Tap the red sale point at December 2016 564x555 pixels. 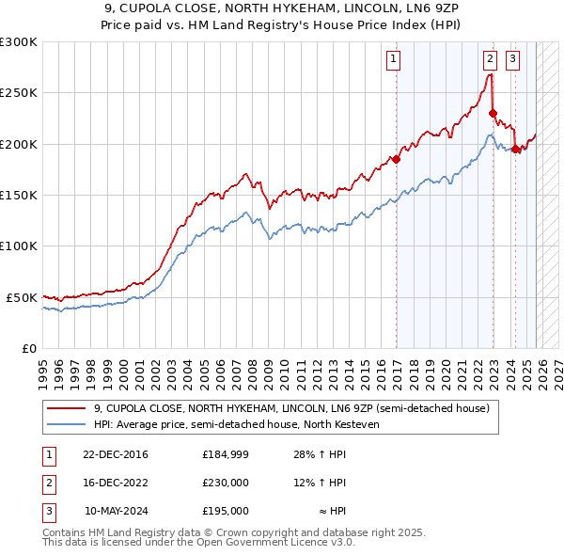click(396, 159)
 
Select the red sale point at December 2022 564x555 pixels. click(493, 114)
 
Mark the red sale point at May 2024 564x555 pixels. click(515, 149)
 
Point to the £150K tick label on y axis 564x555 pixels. click(19, 195)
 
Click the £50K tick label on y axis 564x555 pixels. click(22, 297)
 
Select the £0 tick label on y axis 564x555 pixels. click(28, 348)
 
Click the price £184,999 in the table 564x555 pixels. click(226, 454)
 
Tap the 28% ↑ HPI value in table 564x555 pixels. click(320, 454)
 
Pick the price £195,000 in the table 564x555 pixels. click(226, 511)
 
